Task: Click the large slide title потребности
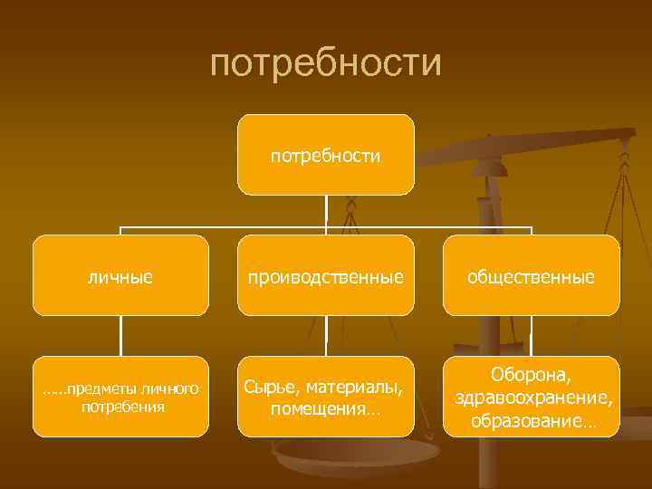pos(326,64)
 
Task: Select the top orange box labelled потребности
pos(326,155)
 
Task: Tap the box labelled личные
pos(120,275)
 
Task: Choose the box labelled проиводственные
pos(326,275)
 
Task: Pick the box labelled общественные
pos(531,275)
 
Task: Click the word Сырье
pos(269,388)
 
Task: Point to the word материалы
pos(358,388)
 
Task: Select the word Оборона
pos(531,374)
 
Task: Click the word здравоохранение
pos(533,398)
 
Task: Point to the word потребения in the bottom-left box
pos(122,407)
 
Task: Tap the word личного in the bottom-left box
pos(171,389)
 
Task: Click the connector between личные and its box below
pos(120,336)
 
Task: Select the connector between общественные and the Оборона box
pos(532,336)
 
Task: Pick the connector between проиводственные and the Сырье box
pos(326,336)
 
